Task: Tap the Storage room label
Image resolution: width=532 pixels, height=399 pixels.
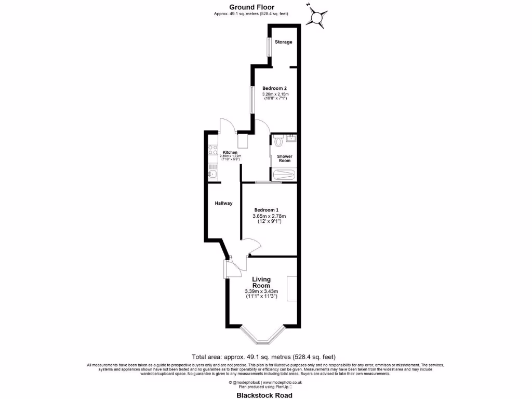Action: click(283, 42)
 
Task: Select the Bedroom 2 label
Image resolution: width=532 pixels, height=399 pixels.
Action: click(275, 88)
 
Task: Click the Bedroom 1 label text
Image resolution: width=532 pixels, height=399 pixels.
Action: click(269, 209)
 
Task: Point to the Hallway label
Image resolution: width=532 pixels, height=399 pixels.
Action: click(223, 203)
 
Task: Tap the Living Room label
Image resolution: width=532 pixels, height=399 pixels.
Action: click(261, 283)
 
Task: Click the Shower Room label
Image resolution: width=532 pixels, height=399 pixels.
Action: click(284, 158)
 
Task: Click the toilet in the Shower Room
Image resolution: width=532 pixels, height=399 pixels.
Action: click(278, 140)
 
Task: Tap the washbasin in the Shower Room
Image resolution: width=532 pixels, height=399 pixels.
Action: click(291, 138)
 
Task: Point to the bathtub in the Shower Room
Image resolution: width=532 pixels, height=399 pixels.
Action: click(284, 176)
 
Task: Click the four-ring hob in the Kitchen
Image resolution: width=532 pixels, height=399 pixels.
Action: click(212, 150)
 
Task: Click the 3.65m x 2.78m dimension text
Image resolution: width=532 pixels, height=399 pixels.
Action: click(269, 216)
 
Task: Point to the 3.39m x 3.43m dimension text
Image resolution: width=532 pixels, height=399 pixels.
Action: click(261, 291)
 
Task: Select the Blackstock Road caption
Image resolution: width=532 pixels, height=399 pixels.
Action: click(264, 395)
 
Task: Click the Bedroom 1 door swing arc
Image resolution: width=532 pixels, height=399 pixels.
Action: click(255, 244)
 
